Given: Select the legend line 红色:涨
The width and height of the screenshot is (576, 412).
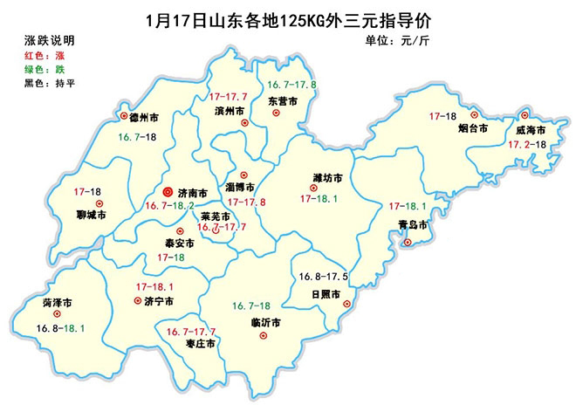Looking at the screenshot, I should point(45,55).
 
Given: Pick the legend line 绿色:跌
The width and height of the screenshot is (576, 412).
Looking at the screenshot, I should point(45,69).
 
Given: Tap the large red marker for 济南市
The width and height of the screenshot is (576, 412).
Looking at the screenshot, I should point(167,192).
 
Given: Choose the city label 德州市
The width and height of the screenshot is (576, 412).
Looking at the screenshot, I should point(142,116).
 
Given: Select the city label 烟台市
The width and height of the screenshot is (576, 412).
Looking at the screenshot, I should point(474,128).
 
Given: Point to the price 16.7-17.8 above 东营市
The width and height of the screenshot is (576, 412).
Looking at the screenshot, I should point(291,85).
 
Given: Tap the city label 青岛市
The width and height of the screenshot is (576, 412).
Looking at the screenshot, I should point(410,224).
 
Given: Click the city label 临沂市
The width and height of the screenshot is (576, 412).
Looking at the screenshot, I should point(264,323).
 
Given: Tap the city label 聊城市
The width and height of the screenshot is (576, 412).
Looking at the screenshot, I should point(90,213).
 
